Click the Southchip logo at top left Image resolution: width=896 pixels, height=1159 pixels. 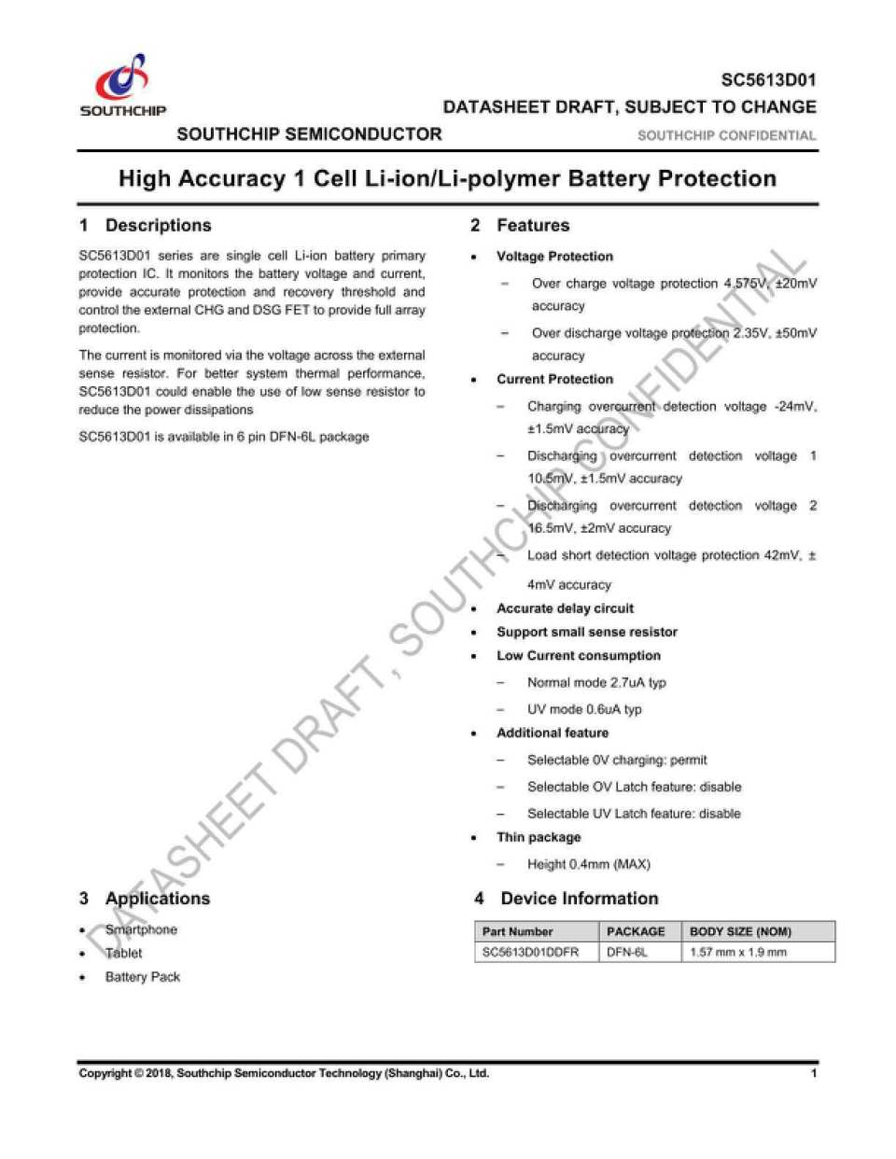(123, 85)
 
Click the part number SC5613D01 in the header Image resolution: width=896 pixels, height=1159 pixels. (767, 80)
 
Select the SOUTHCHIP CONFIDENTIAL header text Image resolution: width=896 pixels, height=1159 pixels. (726, 135)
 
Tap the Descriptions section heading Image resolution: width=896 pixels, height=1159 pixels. (158, 225)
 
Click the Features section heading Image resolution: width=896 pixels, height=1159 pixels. (532, 225)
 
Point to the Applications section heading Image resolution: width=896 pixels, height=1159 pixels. (157, 898)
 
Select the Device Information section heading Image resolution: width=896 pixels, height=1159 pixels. (579, 898)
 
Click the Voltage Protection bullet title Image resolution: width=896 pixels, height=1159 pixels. (554, 257)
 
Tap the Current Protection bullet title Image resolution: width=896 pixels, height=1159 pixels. (554, 379)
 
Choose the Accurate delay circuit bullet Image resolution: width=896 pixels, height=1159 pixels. (565, 608)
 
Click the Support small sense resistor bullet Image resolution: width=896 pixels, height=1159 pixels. (586, 632)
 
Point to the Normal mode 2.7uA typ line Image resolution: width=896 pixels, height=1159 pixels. (596, 682)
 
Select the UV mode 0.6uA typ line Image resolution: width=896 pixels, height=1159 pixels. (584, 709)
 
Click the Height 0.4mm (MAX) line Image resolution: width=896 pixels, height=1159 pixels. (588, 864)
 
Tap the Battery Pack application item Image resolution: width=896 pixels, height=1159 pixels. (142, 977)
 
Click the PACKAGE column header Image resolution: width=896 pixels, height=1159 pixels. (636, 931)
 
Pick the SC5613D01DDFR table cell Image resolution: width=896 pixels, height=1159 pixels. (530, 952)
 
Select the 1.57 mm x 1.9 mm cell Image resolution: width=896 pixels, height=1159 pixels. (737, 952)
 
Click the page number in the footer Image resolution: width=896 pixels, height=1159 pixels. (814, 1073)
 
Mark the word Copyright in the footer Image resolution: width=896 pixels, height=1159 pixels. (105, 1073)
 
